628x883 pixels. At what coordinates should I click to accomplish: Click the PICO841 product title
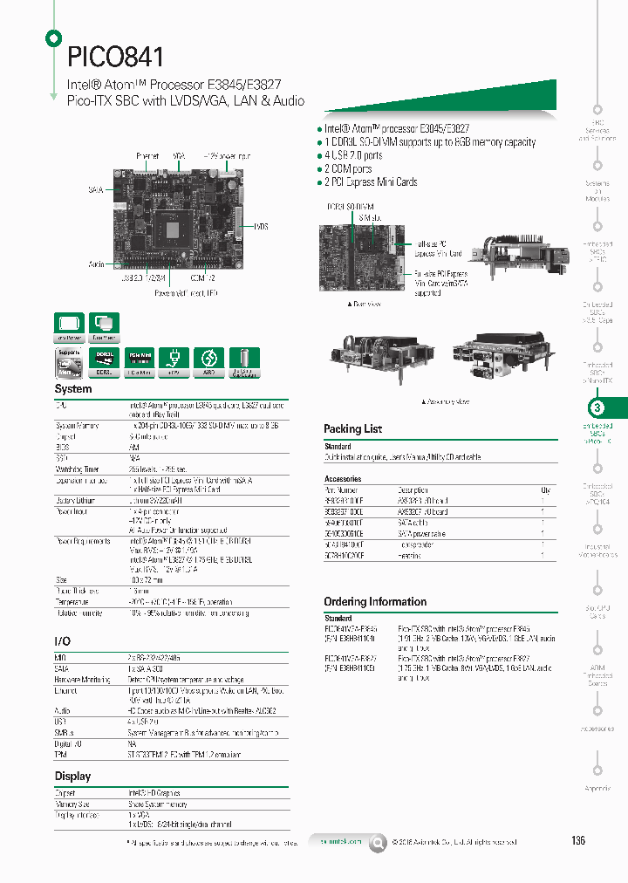(116, 58)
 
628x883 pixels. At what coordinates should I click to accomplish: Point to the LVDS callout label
(261, 226)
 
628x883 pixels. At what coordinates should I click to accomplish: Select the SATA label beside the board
(96, 189)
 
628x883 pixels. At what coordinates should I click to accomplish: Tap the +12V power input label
(221, 155)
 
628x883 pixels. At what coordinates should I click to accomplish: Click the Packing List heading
(352, 428)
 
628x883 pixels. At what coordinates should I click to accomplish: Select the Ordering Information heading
(375, 601)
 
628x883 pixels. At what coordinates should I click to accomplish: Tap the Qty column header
(545, 490)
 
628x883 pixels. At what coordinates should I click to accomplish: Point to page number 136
(578, 840)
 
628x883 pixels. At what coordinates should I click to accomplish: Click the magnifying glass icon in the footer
(378, 842)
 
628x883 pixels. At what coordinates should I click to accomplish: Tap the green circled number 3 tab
(597, 407)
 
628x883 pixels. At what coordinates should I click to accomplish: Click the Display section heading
(72, 776)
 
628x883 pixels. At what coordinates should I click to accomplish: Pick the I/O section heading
(62, 641)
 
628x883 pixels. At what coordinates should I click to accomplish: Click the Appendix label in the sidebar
(597, 789)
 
